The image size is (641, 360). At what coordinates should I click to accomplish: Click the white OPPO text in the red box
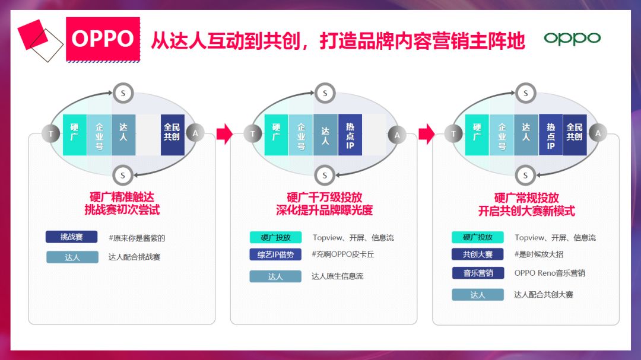click(102, 39)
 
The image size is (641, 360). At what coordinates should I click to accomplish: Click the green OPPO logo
click(572, 39)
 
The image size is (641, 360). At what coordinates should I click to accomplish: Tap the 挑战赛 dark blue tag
click(71, 237)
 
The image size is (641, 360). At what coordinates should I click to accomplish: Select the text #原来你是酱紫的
click(137, 238)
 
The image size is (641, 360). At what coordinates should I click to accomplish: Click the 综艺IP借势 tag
click(275, 254)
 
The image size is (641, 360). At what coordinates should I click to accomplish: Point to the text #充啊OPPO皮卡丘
click(343, 254)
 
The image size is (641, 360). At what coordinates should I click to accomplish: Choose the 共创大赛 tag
click(478, 254)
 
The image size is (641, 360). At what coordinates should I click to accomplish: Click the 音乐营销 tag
click(478, 273)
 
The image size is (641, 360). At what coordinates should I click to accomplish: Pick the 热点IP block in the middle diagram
click(350, 135)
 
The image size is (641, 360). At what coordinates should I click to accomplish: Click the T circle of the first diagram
click(51, 134)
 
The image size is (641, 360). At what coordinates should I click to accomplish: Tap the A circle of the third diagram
click(598, 133)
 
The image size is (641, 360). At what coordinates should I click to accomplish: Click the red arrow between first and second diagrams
click(224, 134)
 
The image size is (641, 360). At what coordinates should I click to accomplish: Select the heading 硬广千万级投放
click(324, 197)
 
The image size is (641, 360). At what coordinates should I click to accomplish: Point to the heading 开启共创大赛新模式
click(526, 211)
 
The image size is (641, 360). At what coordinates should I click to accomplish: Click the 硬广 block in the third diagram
click(477, 135)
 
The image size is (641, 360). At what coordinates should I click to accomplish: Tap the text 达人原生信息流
click(337, 276)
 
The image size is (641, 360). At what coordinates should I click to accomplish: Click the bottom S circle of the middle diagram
click(324, 175)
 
